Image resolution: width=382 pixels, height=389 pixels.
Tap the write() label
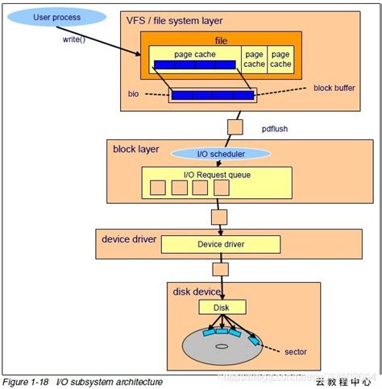point(74,38)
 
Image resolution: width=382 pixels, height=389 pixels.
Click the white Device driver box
point(220,244)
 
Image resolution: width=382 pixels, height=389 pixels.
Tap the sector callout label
point(296,351)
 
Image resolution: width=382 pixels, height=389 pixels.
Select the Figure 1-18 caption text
point(83,381)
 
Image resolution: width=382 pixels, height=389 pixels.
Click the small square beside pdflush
point(235,127)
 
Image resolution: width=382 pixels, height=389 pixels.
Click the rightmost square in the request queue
point(221,188)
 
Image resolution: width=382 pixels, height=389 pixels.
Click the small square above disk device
point(219,268)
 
